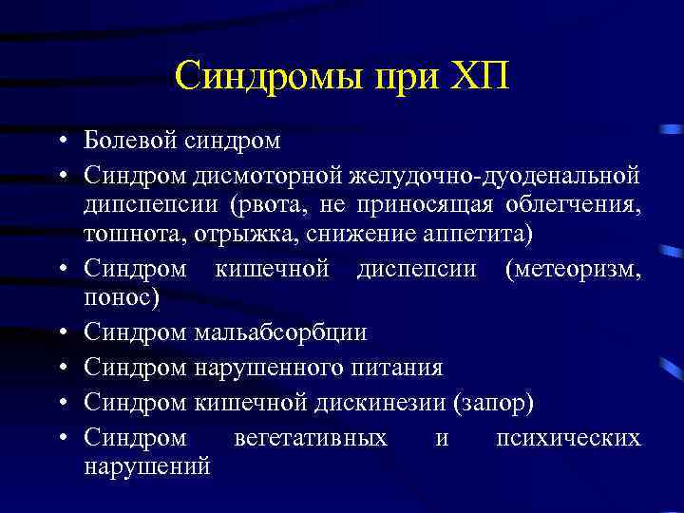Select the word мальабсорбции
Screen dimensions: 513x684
pos(280,332)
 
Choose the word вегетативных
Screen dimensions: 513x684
pos(310,437)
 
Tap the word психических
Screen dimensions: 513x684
pos(568,437)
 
